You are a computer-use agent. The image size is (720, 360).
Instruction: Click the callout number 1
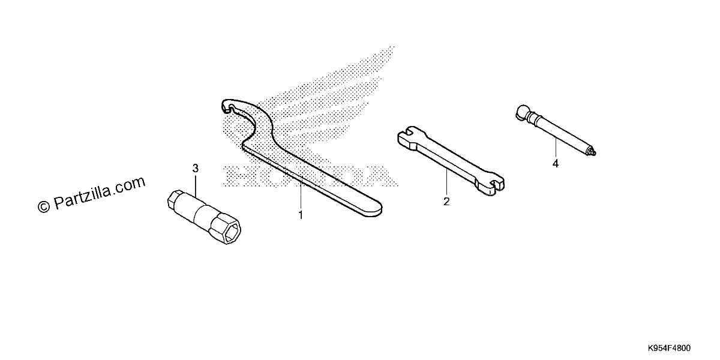click(x=301, y=215)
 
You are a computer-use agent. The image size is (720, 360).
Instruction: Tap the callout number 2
click(x=446, y=202)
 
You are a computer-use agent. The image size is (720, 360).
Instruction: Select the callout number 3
click(x=196, y=168)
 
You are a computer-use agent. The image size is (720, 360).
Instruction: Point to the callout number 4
click(x=556, y=164)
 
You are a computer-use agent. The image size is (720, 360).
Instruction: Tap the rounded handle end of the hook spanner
click(x=373, y=208)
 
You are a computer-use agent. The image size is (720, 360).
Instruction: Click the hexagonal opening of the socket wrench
click(x=232, y=232)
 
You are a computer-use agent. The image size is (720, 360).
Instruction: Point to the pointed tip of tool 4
click(x=592, y=151)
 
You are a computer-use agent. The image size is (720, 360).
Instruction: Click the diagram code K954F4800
click(x=669, y=348)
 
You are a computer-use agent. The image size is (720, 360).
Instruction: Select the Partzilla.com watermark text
click(x=100, y=192)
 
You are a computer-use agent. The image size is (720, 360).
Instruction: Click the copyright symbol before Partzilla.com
click(x=44, y=206)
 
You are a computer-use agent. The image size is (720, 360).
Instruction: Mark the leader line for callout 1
click(x=301, y=195)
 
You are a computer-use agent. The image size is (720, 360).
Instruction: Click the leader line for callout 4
click(x=556, y=147)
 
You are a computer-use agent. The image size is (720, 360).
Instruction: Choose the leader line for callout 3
click(x=196, y=185)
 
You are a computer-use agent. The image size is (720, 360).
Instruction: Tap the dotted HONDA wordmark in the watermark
click(x=311, y=176)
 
